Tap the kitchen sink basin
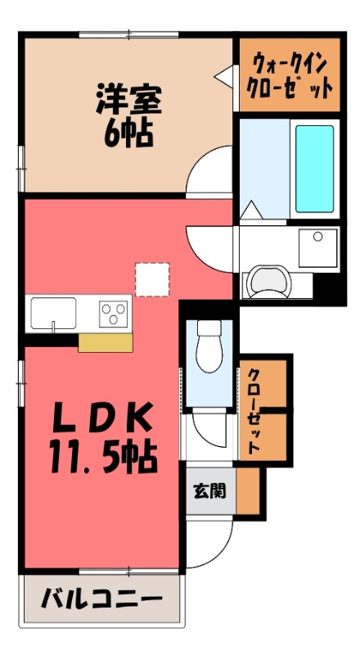[x=53, y=312]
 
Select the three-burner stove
[x=114, y=312]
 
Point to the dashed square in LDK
[x=151, y=278]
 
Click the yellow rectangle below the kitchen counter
[x=106, y=342]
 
